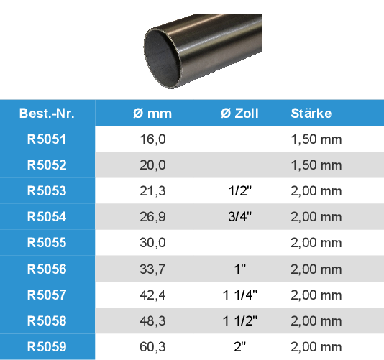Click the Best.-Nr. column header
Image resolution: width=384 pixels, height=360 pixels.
47,114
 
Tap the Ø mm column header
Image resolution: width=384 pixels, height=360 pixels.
152,114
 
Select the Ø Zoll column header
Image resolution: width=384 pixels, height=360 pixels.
239,114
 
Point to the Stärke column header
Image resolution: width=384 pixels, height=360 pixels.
311,114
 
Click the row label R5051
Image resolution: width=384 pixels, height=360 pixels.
47,139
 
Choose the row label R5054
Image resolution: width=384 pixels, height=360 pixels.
47,217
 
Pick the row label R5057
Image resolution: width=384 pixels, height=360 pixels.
47,295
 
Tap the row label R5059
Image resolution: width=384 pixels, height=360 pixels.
47,347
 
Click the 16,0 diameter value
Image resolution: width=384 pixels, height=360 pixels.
152,139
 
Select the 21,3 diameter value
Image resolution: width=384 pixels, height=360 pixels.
152,191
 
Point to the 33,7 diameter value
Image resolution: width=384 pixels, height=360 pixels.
152,269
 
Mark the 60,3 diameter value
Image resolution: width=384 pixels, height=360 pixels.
152,347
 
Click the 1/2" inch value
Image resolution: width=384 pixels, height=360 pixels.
239,191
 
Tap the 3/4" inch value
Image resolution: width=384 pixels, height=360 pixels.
239,217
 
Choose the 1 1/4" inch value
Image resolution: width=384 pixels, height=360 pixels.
239,295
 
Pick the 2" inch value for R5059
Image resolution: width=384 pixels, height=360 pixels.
239,347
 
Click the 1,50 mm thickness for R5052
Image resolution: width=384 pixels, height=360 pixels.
316,165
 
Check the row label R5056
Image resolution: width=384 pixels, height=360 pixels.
47,269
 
